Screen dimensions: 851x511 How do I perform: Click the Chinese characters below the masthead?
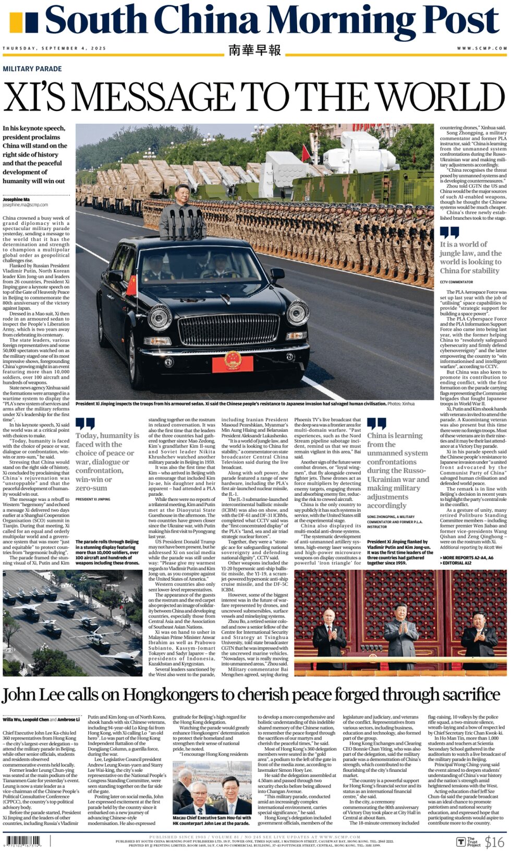(254, 50)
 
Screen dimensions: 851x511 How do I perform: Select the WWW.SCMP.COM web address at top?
(482, 48)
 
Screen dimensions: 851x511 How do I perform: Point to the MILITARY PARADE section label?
(32, 69)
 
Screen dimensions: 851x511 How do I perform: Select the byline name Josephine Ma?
(16, 199)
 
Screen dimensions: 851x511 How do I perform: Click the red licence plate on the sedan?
(232, 362)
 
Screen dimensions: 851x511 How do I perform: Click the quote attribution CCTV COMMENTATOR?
(456, 282)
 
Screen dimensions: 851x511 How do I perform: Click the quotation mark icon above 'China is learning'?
(376, 424)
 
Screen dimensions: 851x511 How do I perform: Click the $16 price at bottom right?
(494, 841)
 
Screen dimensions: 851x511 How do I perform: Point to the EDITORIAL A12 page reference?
(458, 563)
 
